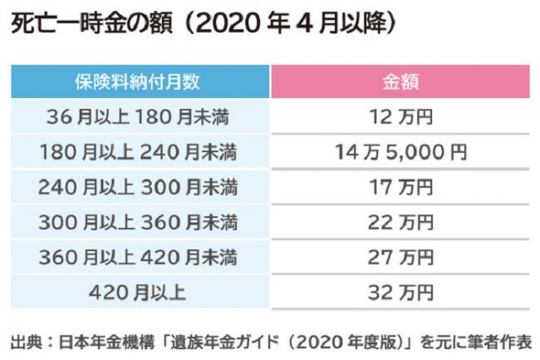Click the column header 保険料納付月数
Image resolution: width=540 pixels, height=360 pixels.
[138, 83]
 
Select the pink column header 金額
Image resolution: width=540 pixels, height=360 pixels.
[400, 83]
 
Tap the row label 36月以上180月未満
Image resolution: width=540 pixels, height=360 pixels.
[138, 117]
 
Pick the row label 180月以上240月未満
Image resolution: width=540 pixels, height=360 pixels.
[138, 152]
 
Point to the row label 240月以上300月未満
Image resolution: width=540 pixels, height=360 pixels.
[138, 187]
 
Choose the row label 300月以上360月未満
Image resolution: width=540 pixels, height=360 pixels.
[138, 222]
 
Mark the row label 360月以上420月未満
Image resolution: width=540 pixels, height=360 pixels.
[138, 257]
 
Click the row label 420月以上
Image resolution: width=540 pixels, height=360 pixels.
[138, 292]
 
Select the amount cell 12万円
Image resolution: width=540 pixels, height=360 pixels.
[400, 117]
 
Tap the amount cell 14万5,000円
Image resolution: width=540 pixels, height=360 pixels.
[400, 152]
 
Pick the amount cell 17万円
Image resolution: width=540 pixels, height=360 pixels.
[400, 187]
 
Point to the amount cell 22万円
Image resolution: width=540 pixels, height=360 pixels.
[400, 222]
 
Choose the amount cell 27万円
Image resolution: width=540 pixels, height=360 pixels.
[400, 257]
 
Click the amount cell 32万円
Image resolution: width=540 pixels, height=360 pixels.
[400, 292]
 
